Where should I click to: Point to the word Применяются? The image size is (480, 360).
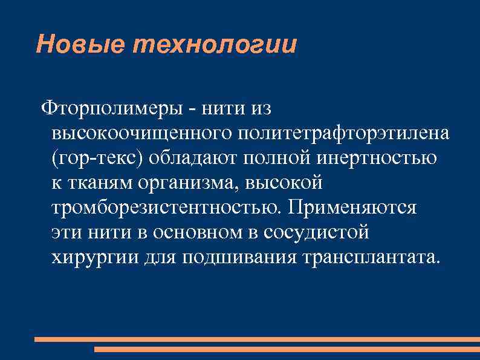352,208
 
